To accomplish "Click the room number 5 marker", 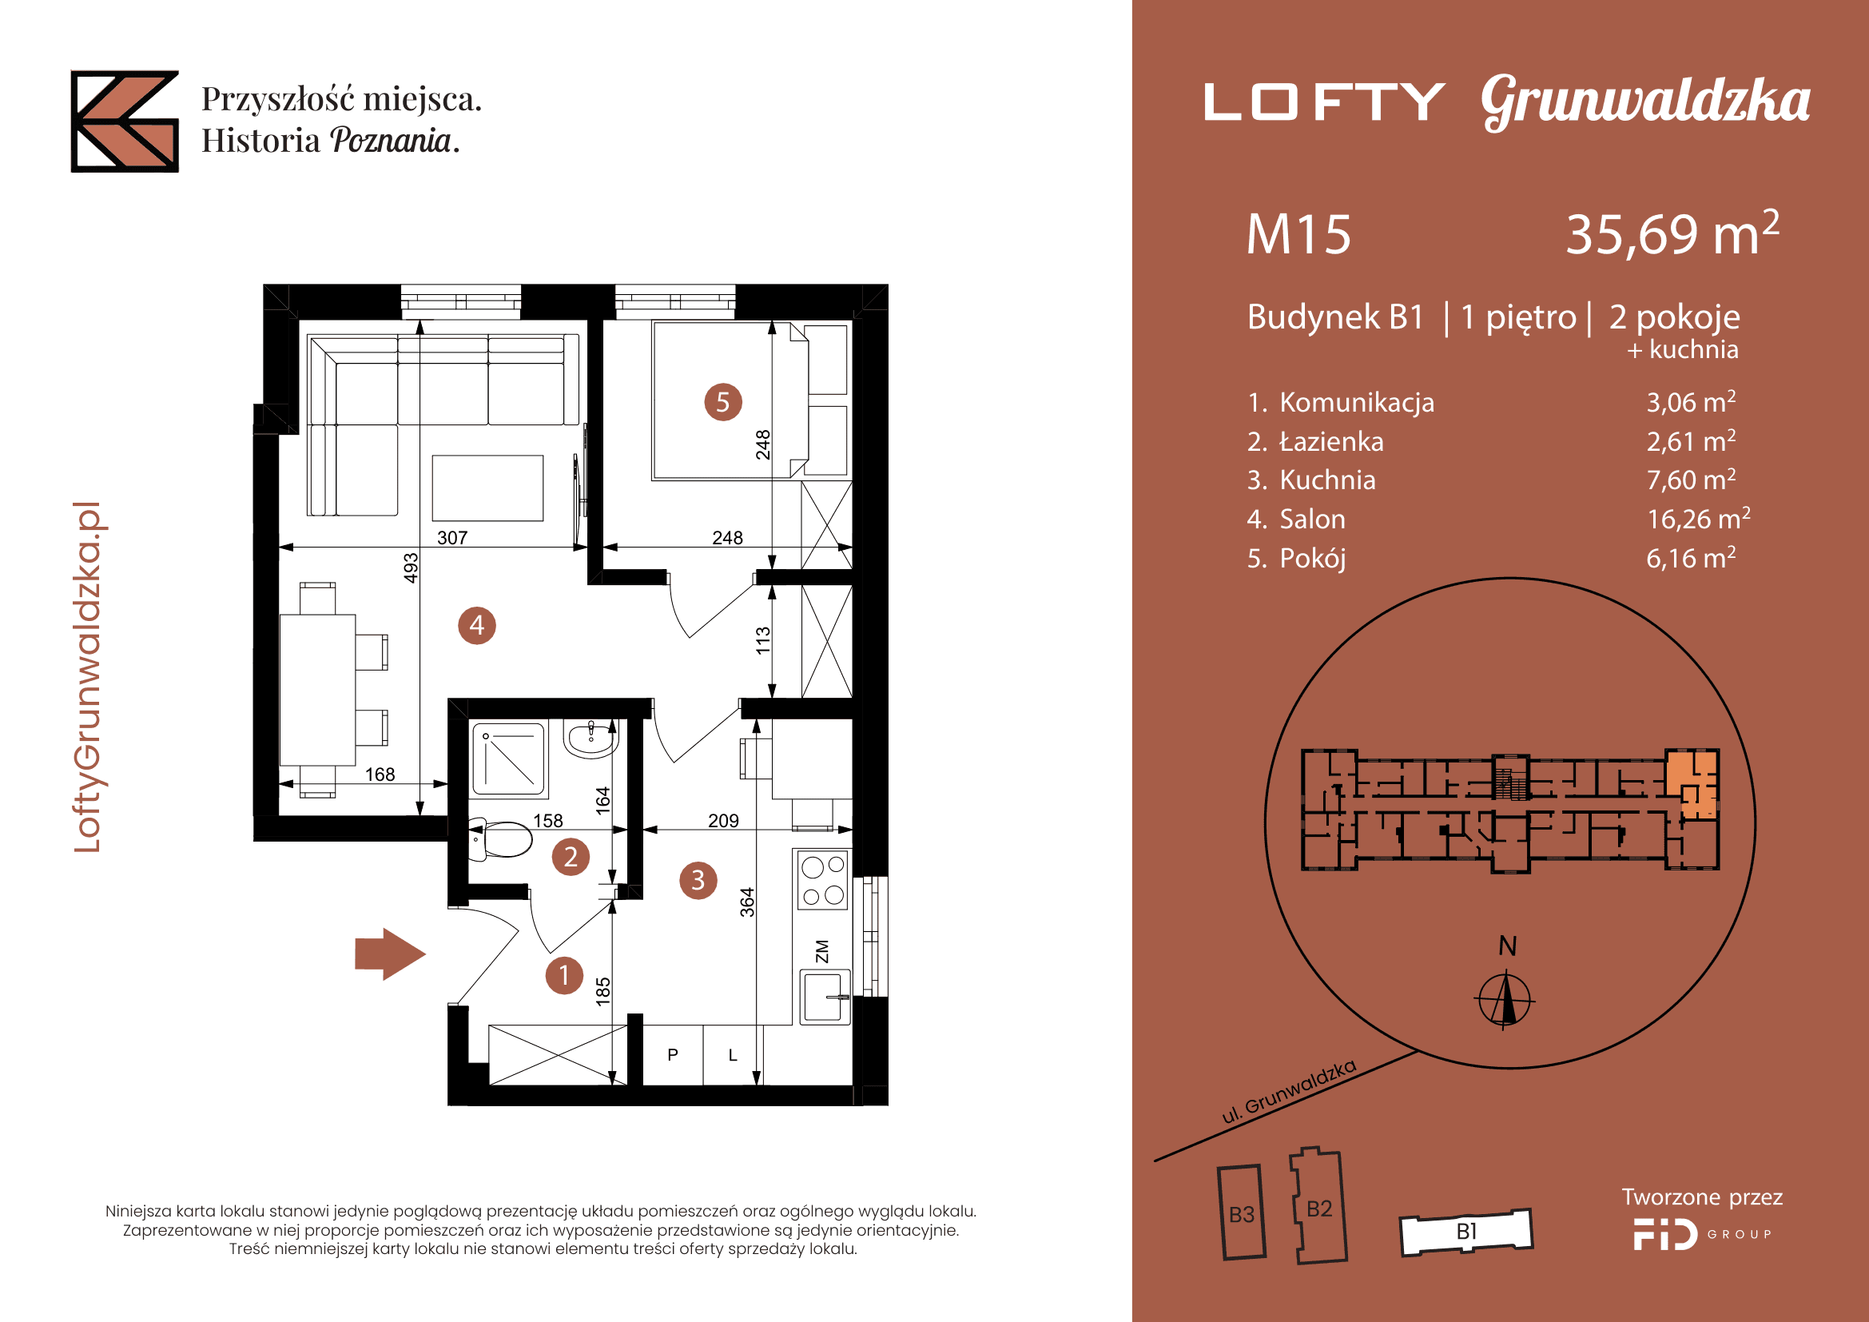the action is click(x=723, y=402).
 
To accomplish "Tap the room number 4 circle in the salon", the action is click(x=477, y=625).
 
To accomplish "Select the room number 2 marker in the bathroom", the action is click(x=571, y=856).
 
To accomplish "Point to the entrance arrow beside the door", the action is click(x=390, y=954).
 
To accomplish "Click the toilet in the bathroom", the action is click(x=499, y=839).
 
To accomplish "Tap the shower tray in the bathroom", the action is click(x=509, y=759).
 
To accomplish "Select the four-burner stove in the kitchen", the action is click(x=823, y=880).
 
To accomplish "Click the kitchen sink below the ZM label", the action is click(x=824, y=997).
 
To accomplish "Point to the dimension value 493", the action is click(x=411, y=568).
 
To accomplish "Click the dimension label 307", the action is click(x=452, y=537).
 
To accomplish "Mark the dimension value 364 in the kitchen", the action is click(x=747, y=902).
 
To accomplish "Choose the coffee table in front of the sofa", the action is click(x=487, y=488).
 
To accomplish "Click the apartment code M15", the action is click(x=1298, y=234).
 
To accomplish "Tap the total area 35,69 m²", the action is click(x=1672, y=233).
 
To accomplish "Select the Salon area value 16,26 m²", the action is click(x=1698, y=519).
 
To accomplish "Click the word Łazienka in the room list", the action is click(x=1332, y=441).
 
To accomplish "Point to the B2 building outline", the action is click(x=1318, y=1205).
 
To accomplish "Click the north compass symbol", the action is click(x=1505, y=999).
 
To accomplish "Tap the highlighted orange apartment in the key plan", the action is click(x=1691, y=782).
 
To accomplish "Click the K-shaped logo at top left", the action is click(x=125, y=121).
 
